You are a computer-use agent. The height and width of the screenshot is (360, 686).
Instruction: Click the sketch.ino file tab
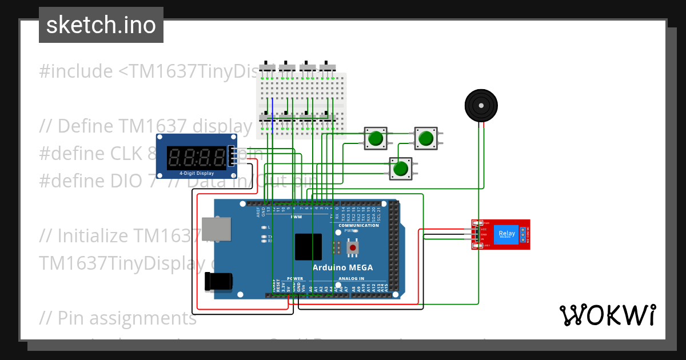[x=101, y=25]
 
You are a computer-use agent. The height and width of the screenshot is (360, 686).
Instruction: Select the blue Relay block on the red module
[x=506, y=234]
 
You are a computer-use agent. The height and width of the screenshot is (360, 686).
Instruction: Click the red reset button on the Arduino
[x=353, y=248]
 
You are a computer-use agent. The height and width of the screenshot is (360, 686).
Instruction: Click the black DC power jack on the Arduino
[x=218, y=281]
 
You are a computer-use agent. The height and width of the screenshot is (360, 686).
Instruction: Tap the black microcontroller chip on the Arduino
[x=308, y=246]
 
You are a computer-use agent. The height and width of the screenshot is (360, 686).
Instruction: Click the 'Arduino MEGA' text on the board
[x=342, y=267]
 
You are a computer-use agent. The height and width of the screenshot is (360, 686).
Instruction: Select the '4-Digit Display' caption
[x=196, y=173]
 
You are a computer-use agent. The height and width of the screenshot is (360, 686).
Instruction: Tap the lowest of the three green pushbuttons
[x=401, y=169]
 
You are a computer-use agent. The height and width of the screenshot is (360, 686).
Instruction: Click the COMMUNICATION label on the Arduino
[x=358, y=225]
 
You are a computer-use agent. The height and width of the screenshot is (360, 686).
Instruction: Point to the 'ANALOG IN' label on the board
[x=351, y=279]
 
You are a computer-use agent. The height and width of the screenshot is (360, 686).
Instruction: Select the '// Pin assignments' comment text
[x=118, y=318]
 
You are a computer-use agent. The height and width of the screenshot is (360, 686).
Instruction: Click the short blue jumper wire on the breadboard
[x=273, y=109]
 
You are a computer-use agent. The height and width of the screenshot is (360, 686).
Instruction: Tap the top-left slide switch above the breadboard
[x=267, y=66]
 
